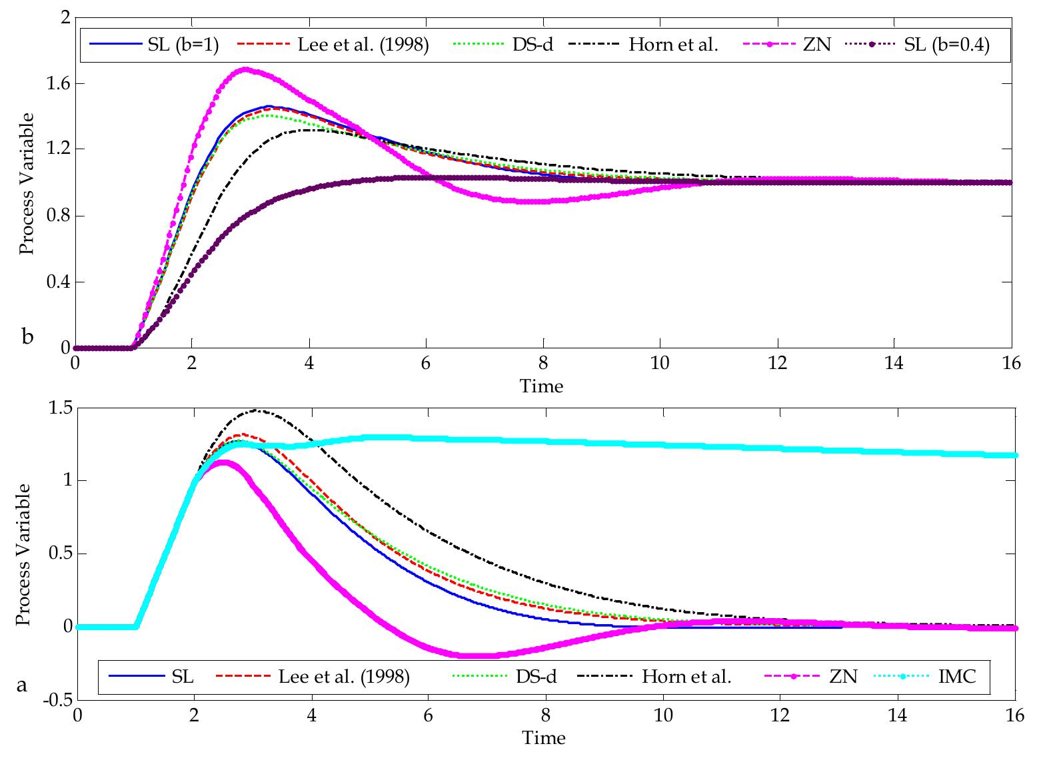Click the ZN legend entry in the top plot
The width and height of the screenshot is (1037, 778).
click(817, 45)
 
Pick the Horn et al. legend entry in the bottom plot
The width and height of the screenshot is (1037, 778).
click(686, 677)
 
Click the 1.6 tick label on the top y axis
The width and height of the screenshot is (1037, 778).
click(55, 84)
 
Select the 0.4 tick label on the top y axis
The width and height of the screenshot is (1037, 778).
click(55, 282)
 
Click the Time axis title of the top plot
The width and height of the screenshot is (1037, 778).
click(542, 386)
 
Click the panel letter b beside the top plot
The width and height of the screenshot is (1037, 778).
click(27, 336)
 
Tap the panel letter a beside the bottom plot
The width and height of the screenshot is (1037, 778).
click(22, 684)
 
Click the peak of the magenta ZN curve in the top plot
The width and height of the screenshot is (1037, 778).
click(245, 69)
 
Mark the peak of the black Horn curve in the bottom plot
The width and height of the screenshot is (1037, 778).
click(258, 410)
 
